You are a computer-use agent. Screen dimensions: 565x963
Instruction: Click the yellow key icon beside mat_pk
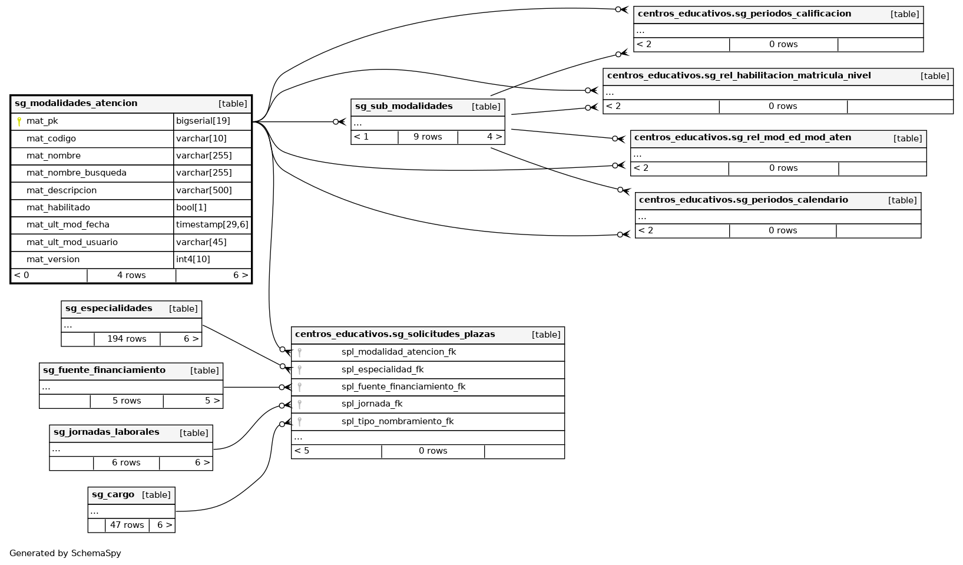click(x=19, y=121)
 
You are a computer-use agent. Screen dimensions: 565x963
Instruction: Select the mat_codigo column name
click(x=51, y=138)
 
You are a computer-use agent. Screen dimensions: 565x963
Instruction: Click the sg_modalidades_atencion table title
click(x=76, y=104)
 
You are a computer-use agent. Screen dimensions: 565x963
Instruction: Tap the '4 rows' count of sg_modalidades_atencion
click(x=131, y=275)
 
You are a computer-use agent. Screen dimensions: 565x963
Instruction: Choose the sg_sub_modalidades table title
click(x=404, y=107)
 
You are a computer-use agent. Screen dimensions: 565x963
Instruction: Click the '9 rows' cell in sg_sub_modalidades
click(x=428, y=137)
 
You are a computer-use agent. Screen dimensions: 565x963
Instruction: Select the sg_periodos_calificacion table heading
click(x=744, y=14)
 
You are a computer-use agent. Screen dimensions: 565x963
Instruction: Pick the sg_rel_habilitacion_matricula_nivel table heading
click(x=739, y=75)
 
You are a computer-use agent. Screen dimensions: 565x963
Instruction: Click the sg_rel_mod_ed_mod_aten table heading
click(x=743, y=138)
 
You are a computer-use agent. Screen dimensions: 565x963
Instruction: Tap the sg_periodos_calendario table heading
click(x=743, y=200)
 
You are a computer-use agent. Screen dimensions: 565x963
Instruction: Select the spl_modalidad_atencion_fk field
click(x=399, y=352)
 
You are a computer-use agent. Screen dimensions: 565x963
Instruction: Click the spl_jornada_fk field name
click(x=372, y=404)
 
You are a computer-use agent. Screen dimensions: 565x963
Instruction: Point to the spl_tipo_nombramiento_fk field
click(x=398, y=421)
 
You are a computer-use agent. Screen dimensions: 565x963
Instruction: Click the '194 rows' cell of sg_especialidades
click(x=127, y=339)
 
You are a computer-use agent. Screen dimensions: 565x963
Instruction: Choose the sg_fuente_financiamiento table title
click(x=104, y=371)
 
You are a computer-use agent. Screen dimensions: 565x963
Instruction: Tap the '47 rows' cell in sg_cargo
click(x=127, y=525)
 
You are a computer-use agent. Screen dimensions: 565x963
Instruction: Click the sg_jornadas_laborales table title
click(x=107, y=432)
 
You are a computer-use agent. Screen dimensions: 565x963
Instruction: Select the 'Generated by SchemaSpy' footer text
click(x=65, y=553)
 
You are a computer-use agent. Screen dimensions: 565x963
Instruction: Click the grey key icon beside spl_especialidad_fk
click(x=300, y=370)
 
